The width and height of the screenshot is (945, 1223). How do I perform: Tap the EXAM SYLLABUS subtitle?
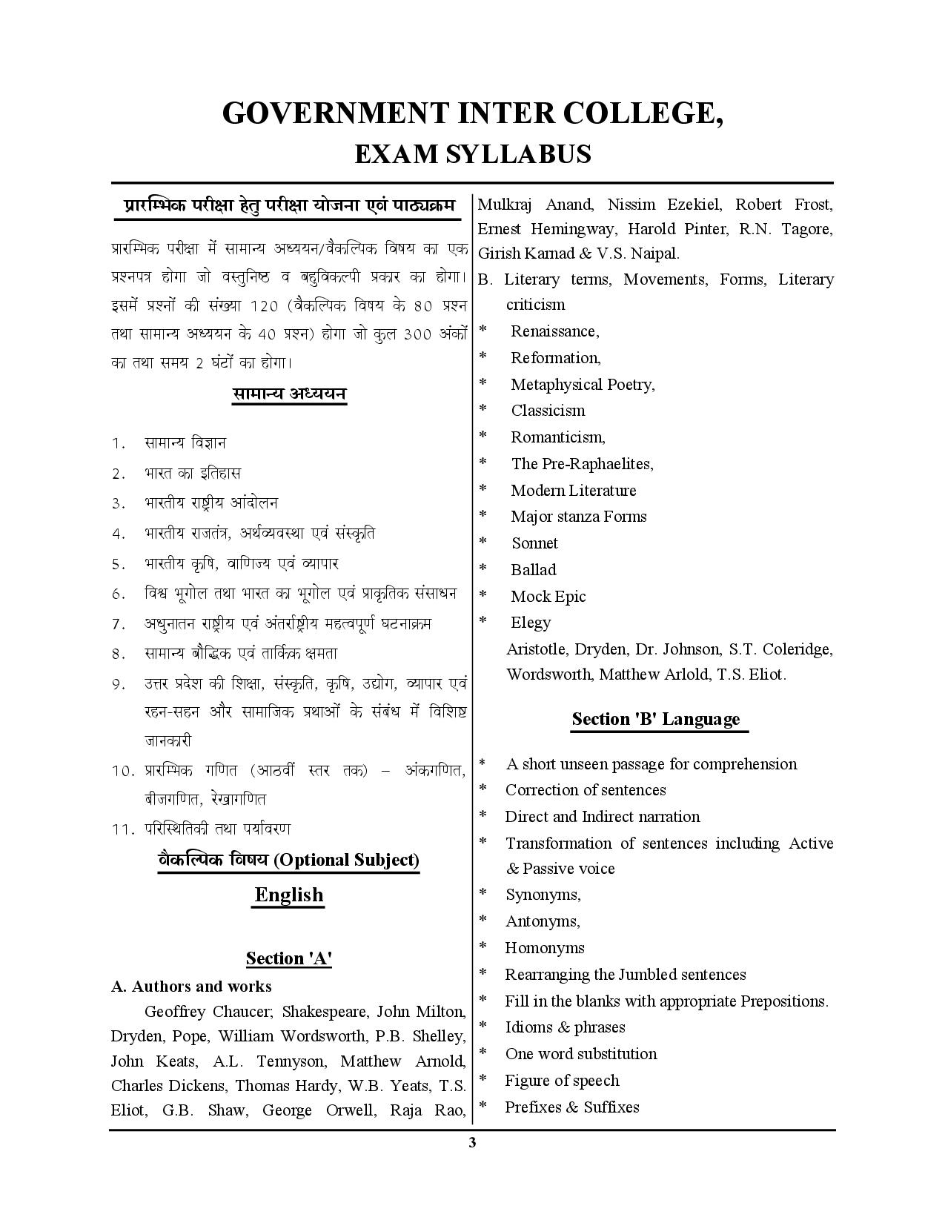(x=472, y=154)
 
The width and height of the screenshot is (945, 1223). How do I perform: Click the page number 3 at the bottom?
(x=472, y=1142)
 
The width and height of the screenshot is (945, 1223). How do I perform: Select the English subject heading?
(x=289, y=895)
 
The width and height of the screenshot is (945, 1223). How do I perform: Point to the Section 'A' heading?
(x=288, y=958)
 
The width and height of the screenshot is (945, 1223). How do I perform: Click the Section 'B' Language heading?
(x=656, y=719)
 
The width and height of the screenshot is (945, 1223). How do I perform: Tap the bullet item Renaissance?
(x=554, y=331)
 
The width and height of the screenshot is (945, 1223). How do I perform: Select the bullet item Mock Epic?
(x=548, y=597)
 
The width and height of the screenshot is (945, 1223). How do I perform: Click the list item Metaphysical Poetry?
(x=583, y=384)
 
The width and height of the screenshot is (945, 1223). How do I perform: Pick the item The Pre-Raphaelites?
(x=582, y=464)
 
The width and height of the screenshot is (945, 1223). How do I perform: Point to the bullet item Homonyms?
(x=544, y=948)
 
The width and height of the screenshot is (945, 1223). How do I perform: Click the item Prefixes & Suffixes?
(x=571, y=1107)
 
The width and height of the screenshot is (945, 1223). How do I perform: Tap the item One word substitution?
(x=580, y=1054)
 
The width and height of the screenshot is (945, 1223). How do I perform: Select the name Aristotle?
(x=537, y=650)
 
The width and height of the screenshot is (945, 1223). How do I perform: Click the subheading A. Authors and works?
(x=191, y=987)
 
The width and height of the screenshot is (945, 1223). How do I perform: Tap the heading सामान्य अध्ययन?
(x=289, y=394)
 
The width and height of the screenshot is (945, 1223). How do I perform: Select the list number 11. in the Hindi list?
(x=122, y=829)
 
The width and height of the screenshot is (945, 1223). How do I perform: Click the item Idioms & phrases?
(x=565, y=1027)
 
